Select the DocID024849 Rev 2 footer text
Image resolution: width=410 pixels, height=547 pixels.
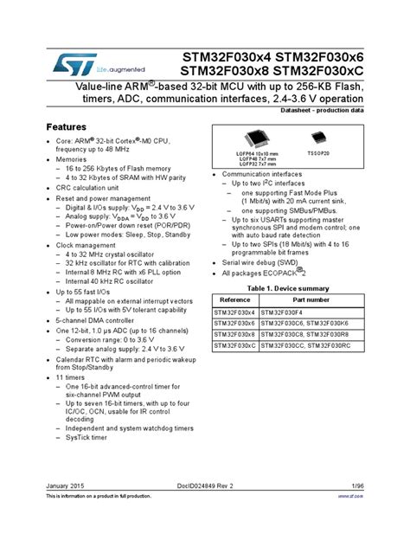pos(205,512)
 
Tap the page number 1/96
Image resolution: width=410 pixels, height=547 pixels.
pos(356,512)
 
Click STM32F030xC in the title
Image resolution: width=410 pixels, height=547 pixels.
pos(315,70)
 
